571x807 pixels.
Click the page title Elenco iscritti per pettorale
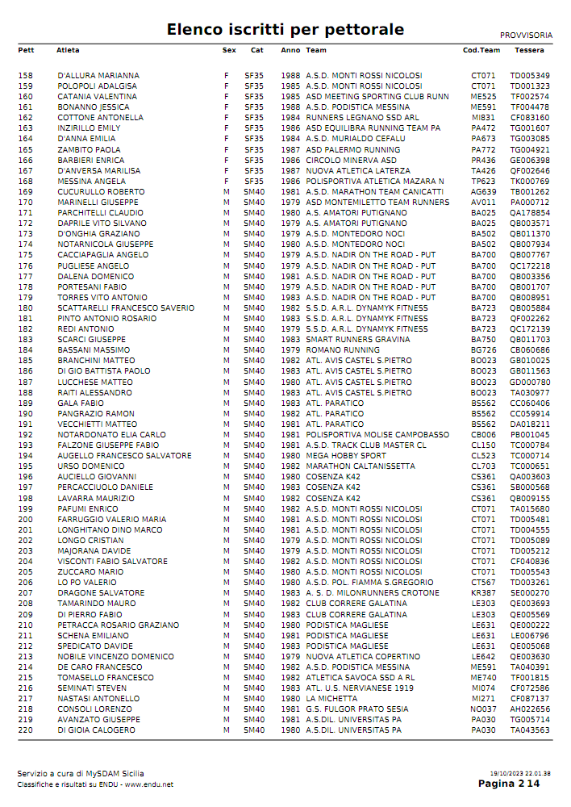pyautogui.click(x=285, y=30)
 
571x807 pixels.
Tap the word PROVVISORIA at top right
pyautogui.click(x=526, y=36)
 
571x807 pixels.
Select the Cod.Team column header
pyautogui.click(x=481, y=50)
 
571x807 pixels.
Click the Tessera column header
pyautogui.click(x=529, y=50)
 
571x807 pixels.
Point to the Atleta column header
pyautogui.click(x=68, y=50)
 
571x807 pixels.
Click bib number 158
pyautogui.click(x=25, y=76)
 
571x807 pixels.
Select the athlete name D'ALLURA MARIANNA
pyautogui.click(x=98, y=76)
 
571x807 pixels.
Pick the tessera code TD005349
pyautogui.click(x=530, y=76)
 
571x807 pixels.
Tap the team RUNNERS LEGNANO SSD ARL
pyautogui.click(x=362, y=118)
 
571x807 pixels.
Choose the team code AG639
pyautogui.click(x=483, y=192)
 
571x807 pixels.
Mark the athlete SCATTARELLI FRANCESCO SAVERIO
pyautogui.click(x=126, y=308)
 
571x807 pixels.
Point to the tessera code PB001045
pyautogui.click(x=530, y=435)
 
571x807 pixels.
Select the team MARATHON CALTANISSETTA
pyautogui.click(x=359, y=466)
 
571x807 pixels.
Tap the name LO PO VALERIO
pyautogui.click(x=87, y=583)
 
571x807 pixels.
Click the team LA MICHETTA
pyautogui.click(x=332, y=699)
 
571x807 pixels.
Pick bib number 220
pyautogui.click(x=25, y=730)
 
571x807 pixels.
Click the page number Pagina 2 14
pyautogui.click(x=509, y=784)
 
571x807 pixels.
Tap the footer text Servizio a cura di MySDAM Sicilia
pyautogui.click(x=81, y=774)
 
